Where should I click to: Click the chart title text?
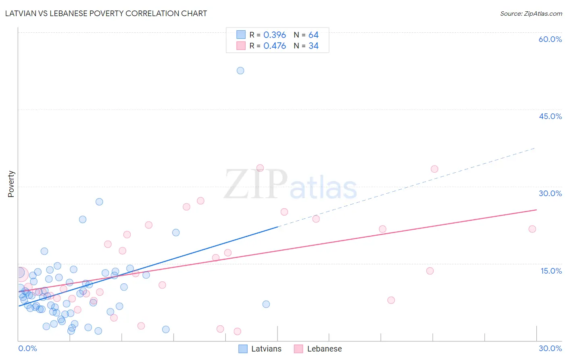pos(106,13)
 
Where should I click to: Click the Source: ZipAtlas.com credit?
pos(531,13)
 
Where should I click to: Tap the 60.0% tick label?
pos(550,39)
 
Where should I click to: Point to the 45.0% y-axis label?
pos(550,116)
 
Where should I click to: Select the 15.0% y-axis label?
pos(551,271)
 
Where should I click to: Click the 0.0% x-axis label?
pos(27,348)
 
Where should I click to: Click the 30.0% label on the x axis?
pos(550,348)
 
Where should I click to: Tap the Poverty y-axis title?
pos(11,184)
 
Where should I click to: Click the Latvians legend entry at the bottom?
pos(260,349)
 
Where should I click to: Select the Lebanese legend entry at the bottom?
pos(318,349)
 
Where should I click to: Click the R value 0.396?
pos(275,35)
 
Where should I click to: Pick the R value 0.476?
pos(275,46)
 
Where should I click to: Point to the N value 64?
pos(313,35)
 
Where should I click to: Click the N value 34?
pos(313,46)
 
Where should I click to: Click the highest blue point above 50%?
pos(240,71)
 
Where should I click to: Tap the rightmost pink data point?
pos(532,229)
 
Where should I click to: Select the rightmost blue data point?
pos(266,304)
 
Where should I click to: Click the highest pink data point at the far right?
pos(434,169)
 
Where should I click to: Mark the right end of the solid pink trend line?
pos(536,210)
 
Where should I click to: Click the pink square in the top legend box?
pos(241,46)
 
